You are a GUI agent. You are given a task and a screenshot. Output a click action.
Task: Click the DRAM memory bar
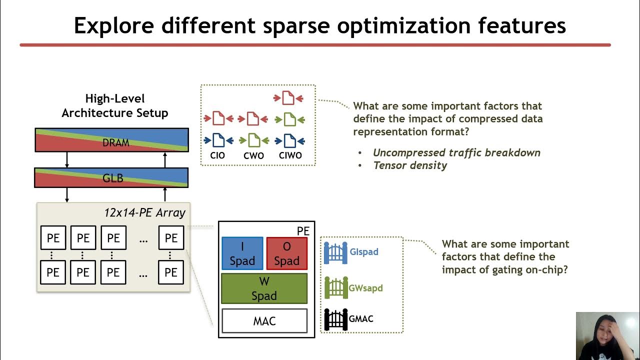pos(111,140)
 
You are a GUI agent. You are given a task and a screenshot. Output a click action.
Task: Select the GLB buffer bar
pos(111,177)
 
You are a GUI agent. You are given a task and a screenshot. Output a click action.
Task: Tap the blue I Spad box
pos(242,253)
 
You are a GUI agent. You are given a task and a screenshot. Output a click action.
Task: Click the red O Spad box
pos(286,253)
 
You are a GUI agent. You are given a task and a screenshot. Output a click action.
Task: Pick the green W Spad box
pos(264,288)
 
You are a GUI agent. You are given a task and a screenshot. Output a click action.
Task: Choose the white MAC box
pos(264,321)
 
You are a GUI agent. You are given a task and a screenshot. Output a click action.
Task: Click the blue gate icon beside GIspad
pos(335,253)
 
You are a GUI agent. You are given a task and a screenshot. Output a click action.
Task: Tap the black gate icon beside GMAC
pos(335,319)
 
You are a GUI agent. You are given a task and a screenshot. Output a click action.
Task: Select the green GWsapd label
pos(365,288)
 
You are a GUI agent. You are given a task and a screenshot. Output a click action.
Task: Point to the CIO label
pos(217,155)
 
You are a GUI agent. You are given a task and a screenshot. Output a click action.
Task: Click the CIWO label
pos(290,155)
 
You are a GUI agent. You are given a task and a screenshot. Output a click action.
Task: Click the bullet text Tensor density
pos(410,165)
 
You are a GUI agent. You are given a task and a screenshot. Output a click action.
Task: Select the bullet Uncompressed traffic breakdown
pos(456,153)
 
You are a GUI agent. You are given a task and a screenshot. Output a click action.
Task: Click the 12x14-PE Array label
pos(144,212)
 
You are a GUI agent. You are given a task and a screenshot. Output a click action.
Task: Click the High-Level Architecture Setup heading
pos(114,105)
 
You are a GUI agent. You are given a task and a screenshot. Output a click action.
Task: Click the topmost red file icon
pos(288,98)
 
